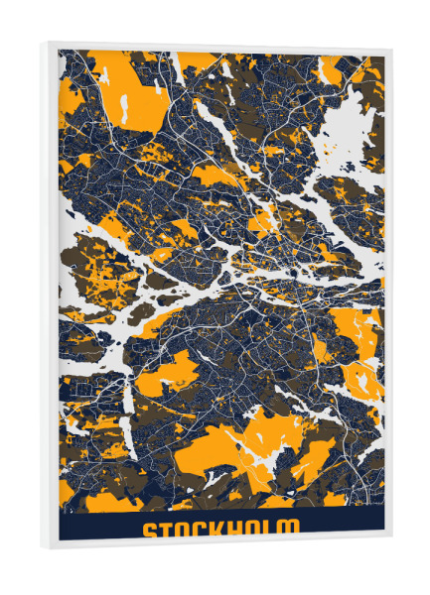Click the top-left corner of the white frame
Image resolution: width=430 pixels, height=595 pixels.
pyautogui.click(x=46, y=41)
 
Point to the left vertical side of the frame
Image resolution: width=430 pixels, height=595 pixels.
pyautogui.click(x=50, y=297)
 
